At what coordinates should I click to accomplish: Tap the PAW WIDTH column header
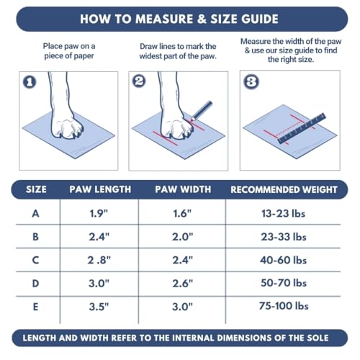tap(183, 190)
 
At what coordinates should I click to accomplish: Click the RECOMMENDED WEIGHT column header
tap(284, 190)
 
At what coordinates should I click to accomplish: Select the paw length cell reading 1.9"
tap(99, 213)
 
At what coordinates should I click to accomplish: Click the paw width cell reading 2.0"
tap(183, 235)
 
